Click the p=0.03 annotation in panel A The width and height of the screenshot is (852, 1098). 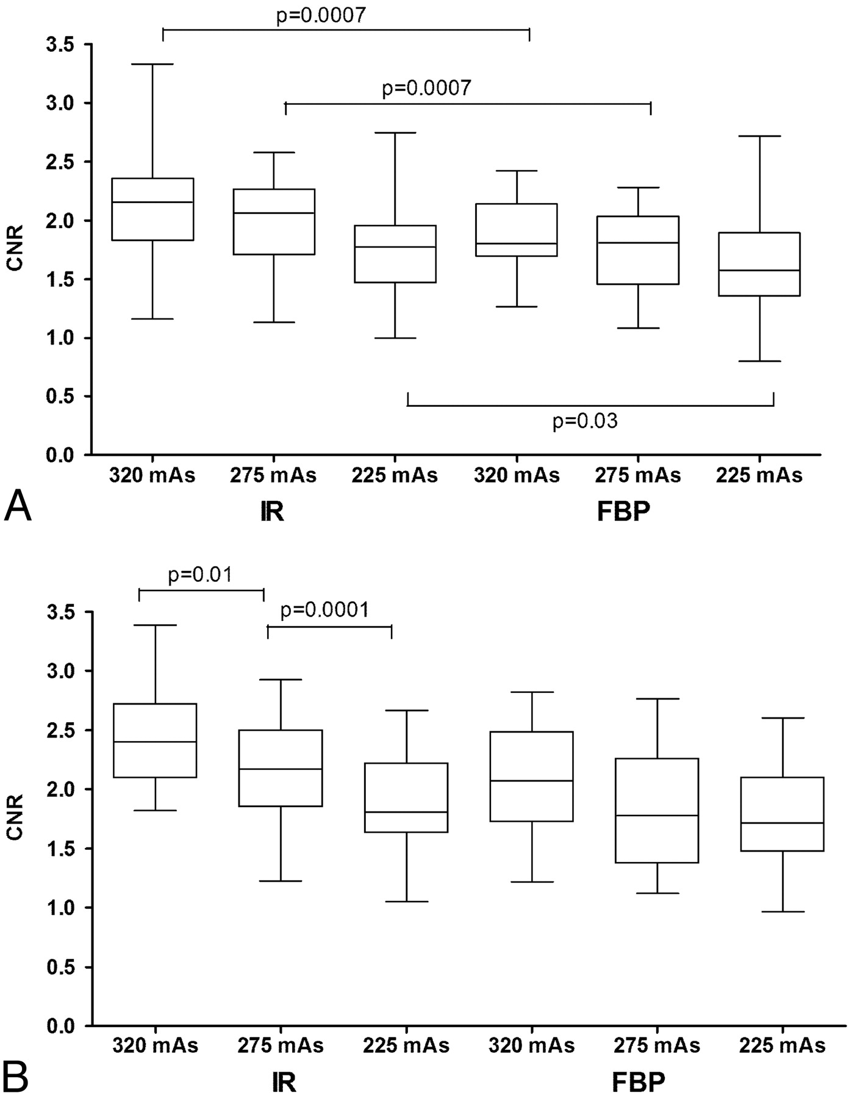pos(585,421)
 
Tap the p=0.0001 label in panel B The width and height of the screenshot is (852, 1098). pos(324,610)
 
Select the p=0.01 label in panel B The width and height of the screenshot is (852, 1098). pos(200,575)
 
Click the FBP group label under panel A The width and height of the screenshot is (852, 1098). pos(623,512)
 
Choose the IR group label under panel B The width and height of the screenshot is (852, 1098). pos(284,1082)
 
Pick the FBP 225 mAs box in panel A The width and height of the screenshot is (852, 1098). pos(759,264)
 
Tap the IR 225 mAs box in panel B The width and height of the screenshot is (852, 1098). pos(406,797)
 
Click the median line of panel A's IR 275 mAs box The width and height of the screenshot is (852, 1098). pos(274,213)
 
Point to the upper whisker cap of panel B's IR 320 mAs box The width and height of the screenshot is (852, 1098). pos(156,625)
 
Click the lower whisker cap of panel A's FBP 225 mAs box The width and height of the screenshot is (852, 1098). pos(759,361)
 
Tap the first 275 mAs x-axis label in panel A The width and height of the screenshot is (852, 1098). pos(274,475)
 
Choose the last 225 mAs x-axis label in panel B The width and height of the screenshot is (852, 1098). pos(782,1046)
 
